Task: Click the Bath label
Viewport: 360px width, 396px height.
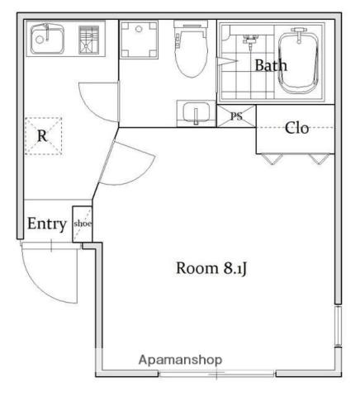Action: tap(271, 65)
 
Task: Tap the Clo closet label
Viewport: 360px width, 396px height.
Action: tap(296, 128)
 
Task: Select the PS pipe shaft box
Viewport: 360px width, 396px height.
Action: tap(236, 116)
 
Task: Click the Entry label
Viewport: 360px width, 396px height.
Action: tap(47, 224)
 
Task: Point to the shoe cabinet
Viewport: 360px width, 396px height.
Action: tap(82, 224)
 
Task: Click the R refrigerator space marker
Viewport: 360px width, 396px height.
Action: tap(43, 136)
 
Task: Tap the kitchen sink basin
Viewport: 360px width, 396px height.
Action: tap(47, 39)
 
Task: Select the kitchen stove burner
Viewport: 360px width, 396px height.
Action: tap(88, 40)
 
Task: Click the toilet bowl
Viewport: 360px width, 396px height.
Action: tap(191, 49)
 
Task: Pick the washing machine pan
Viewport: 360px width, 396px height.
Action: tap(139, 40)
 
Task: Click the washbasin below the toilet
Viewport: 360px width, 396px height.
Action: tap(196, 113)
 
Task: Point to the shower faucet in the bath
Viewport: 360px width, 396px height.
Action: tap(250, 41)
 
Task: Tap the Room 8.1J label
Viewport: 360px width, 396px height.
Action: tap(211, 268)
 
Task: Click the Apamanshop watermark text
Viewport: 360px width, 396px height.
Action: tap(180, 360)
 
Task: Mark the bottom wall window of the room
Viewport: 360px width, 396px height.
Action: tap(217, 374)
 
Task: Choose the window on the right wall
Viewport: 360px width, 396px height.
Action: tap(339, 326)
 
